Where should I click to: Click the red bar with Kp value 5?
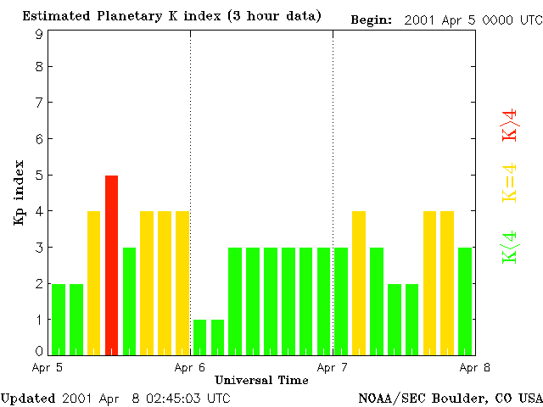point(111,264)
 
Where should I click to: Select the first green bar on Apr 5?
point(59,318)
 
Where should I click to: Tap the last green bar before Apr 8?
point(465,300)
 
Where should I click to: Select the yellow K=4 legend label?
point(510,183)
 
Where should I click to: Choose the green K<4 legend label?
point(510,248)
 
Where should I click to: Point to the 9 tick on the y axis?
point(39,34)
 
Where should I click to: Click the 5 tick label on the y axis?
point(39,176)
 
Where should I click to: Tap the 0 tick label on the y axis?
point(39,350)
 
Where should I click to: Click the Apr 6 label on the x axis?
point(190,368)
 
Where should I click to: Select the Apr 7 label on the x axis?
point(333,368)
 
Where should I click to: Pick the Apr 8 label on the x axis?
point(474,368)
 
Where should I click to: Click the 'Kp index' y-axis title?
point(19,192)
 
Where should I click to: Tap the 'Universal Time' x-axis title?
point(261,380)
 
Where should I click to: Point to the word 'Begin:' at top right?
point(371,20)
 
